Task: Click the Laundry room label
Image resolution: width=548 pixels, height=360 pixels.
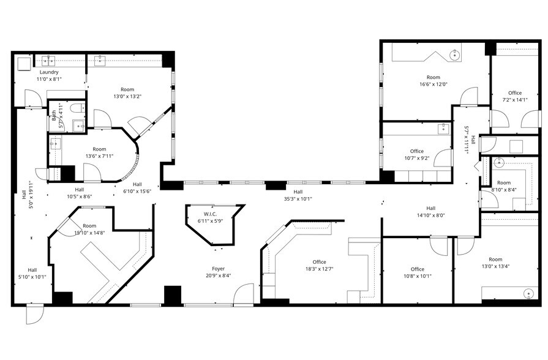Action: (48, 72)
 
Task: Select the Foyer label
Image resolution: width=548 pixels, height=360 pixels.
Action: (219, 269)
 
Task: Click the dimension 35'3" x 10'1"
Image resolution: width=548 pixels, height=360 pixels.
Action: (298, 198)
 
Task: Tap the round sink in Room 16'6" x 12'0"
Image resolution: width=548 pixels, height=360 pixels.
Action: (455, 56)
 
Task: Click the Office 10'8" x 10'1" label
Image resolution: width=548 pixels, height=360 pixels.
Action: (418, 269)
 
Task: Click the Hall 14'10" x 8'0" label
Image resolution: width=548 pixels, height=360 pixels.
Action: (431, 208)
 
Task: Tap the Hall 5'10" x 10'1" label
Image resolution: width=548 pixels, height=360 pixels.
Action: (32, 270)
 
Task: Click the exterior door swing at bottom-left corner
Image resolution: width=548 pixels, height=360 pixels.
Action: (35, 315)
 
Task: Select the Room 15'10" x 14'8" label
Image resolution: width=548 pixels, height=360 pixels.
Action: (89, 226)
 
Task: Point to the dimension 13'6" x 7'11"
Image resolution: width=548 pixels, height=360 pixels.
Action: (99, 156)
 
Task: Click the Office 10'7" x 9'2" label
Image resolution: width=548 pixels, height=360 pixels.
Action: (417, 151)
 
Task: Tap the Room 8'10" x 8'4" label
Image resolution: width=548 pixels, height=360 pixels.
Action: (504, 183)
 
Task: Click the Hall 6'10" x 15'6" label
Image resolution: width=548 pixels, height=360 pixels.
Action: (137, 184)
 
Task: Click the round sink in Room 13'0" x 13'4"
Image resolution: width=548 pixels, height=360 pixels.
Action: (528, 294)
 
